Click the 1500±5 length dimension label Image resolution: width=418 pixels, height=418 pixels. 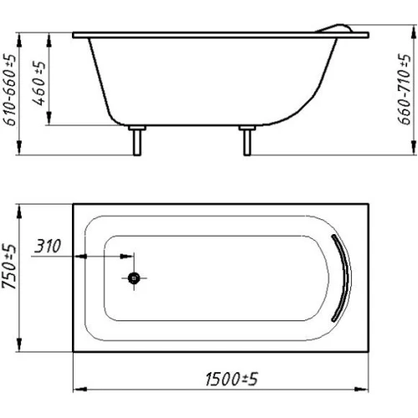232,379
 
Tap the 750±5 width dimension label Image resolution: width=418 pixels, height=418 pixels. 9,267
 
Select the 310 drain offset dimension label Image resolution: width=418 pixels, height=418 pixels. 48,246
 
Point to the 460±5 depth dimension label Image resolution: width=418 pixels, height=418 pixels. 38,84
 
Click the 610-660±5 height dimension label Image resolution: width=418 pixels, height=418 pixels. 9,89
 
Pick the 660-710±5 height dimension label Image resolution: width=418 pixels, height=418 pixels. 404,89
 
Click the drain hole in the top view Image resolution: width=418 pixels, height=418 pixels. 134,278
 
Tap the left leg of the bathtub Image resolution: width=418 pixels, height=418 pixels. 137,140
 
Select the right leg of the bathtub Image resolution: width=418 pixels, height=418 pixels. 247,140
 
